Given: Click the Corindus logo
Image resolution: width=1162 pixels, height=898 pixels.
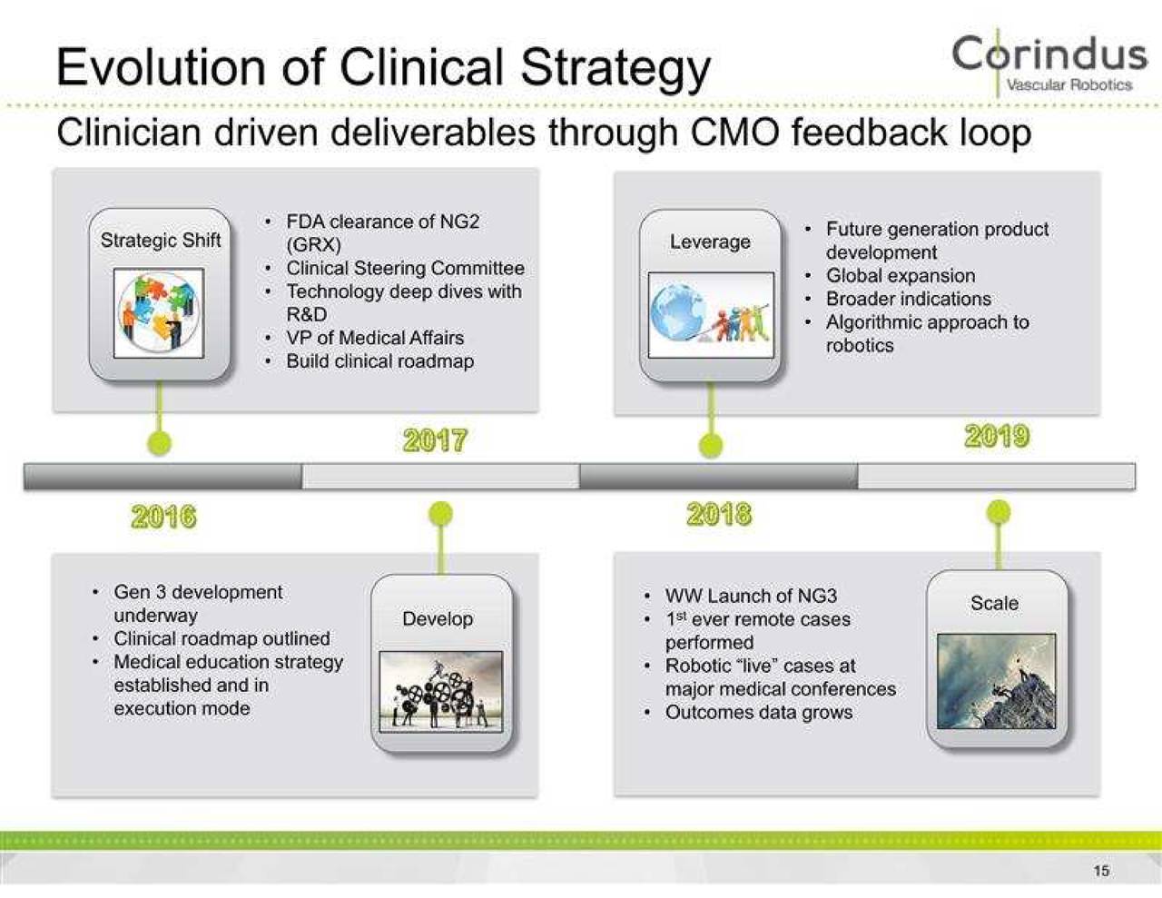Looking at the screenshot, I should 1049,62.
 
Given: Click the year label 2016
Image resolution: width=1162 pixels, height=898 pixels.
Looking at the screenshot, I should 163,517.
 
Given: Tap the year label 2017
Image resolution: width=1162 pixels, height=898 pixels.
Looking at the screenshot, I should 435,440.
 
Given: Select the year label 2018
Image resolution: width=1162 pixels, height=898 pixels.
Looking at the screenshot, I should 719,515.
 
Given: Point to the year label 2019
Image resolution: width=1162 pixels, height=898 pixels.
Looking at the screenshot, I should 997,437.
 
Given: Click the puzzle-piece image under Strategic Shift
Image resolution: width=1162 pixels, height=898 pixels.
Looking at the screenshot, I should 160,312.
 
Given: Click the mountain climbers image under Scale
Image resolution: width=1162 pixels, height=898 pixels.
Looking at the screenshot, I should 996,681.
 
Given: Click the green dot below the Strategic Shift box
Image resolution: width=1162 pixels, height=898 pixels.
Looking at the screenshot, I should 160,443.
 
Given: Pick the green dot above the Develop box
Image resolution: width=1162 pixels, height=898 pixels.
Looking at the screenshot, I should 440,514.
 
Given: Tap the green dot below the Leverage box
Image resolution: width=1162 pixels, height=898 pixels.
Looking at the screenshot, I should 711,445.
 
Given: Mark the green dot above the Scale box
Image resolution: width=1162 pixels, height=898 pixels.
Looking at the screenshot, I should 998,512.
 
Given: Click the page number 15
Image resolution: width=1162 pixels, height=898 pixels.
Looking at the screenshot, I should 1101,871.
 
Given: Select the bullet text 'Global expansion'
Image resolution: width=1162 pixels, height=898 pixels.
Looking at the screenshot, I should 900,276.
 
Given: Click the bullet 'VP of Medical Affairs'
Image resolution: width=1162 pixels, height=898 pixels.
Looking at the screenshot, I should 374,338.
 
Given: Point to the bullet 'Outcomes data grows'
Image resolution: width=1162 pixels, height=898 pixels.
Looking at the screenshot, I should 758,713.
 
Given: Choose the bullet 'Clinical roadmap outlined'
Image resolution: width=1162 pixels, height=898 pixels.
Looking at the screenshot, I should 222,638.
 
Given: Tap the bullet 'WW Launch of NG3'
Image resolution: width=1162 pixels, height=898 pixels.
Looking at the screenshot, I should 751,597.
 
